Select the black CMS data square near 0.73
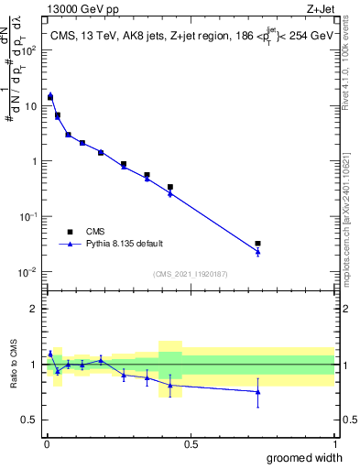(257, 244)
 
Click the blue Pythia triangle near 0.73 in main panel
(257, 252)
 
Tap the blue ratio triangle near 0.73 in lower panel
(257, 391)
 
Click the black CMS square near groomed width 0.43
(170, 187)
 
